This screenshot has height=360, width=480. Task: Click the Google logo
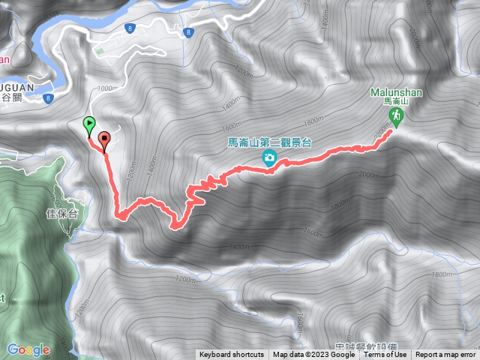[28, 349]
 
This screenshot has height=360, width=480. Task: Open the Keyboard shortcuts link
[232, 355]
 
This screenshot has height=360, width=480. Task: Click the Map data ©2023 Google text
[313, 355]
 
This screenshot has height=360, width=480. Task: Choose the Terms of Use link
[385, 355]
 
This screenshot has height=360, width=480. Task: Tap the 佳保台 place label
[63, 213]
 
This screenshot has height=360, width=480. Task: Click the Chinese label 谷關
[13, 97]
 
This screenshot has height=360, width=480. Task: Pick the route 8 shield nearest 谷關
[49, 98]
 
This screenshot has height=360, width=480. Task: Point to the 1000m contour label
[108, 88]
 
